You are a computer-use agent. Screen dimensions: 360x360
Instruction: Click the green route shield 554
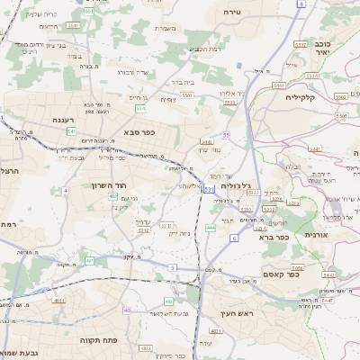(x=140, y=108)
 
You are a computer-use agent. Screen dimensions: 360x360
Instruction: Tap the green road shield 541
(x=71, y=131)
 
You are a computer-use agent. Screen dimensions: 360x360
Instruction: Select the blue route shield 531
(x=208, y=189)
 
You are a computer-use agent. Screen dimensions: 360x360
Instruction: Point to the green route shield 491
(x=89, y=261)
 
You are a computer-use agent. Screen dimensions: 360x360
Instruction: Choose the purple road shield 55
(x=227, y=135)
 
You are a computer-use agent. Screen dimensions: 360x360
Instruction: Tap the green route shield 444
(x=211, y=228)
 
